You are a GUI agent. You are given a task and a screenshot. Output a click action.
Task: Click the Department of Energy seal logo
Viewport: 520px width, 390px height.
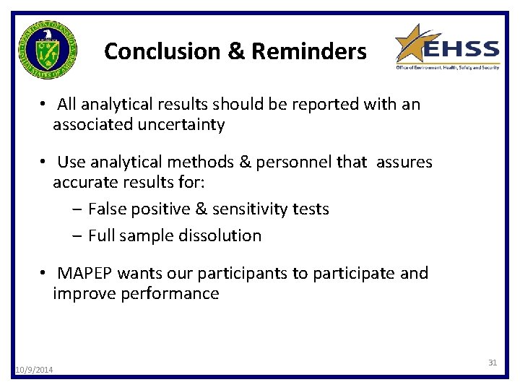tap(48, 50)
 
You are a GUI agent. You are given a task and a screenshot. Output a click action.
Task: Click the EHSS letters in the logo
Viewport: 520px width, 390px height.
tap(461, 51)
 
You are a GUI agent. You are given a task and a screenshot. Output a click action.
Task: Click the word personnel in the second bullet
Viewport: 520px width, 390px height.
tap(292, 162)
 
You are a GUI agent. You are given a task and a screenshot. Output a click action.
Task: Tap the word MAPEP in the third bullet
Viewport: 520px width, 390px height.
tap(85, 274)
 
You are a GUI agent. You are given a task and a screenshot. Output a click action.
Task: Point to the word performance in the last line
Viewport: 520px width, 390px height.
tap(173, 294)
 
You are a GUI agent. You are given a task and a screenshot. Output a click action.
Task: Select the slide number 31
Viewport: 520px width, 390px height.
tap(493, 362)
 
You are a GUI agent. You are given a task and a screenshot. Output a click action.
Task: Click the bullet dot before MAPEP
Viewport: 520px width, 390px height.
tap(44, 274)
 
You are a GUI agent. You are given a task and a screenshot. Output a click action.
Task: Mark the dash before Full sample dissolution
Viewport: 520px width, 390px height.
tap(77, 235)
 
